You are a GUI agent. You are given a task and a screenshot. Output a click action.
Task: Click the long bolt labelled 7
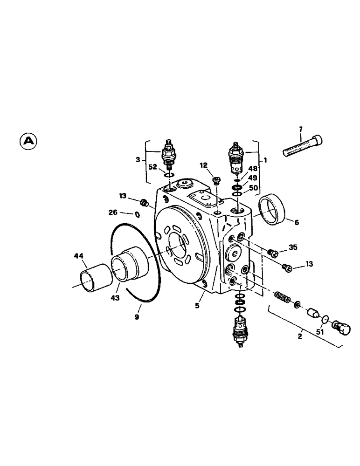click(303, 145)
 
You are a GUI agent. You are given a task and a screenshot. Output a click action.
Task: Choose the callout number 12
click(204, 165)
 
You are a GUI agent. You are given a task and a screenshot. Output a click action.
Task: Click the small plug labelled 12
click(215, 179)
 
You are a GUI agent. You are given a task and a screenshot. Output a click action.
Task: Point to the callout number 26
click(113, 213)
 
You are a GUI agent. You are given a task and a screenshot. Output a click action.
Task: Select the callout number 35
click(293, 247)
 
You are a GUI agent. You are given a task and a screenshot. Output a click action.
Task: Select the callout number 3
click(138, 160)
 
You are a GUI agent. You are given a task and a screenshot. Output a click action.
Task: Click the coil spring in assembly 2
click(282, 296)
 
